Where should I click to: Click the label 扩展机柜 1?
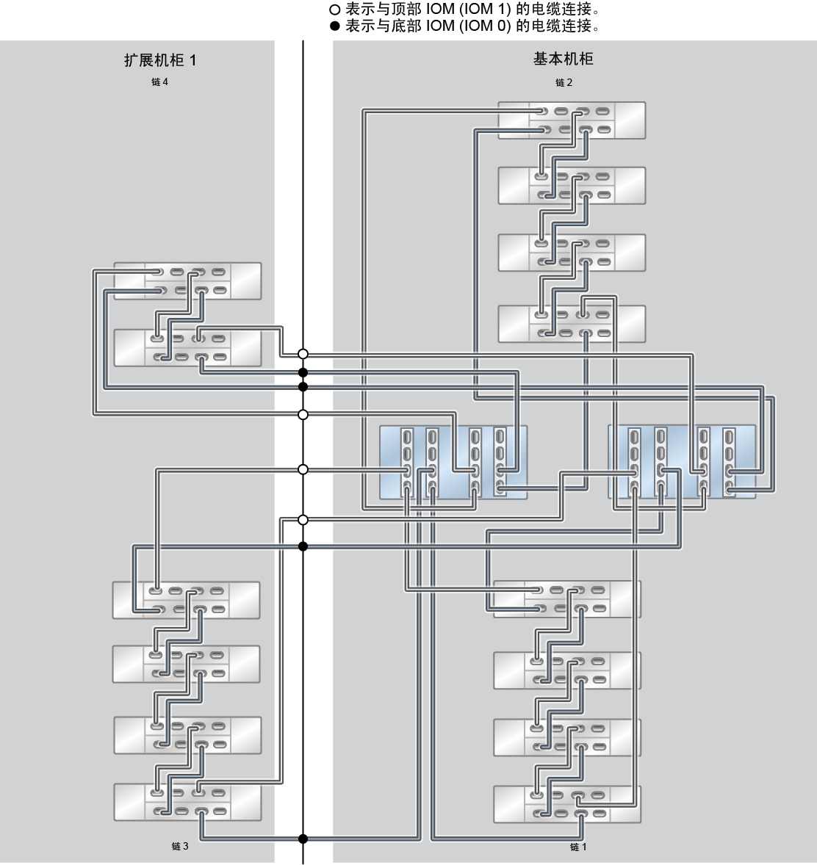160,60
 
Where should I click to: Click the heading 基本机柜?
563,59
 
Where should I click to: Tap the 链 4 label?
159,82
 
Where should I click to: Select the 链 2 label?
564,83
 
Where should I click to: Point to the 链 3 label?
180,846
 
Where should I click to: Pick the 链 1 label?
578,847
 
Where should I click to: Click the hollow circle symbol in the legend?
334,10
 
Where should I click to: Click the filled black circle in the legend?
334,26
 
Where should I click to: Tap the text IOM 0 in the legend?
485,26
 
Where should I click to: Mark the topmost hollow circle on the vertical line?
303,354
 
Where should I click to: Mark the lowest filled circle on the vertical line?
303,839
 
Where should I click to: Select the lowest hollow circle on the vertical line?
303,520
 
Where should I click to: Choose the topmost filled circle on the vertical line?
303,373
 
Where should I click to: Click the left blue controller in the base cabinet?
453,463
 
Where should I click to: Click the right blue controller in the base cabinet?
682,462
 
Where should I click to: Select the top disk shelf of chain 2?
572,120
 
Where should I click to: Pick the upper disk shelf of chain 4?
187,281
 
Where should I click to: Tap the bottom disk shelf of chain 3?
187,802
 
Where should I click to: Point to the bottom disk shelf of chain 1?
567,804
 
